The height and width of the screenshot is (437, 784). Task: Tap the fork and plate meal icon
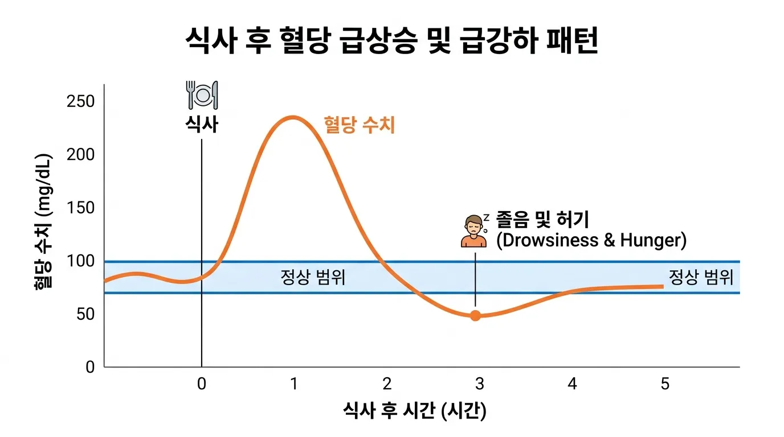tap(202, 94)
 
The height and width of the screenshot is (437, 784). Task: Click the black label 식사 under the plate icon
tap(202, 124)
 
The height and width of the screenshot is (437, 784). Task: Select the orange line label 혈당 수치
tap(359, 125)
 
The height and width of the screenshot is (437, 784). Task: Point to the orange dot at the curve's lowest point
tap(475, 315)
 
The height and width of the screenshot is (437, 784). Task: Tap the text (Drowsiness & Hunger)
tap(591, 240)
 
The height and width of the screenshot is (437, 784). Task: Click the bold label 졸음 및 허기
tap(542, 219)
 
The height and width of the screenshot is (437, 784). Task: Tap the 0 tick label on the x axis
tap(202, 384)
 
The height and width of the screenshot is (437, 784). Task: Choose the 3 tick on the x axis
tap(480, 384)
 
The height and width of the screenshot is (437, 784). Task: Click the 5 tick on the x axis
tap(665, 384)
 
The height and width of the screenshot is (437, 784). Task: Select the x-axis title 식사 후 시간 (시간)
tap(415, 411)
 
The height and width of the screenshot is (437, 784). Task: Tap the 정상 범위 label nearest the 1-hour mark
tap(313, 278)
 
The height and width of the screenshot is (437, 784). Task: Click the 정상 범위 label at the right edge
tap(700, 277)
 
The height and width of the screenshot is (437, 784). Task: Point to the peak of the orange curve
tap(293, 117)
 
